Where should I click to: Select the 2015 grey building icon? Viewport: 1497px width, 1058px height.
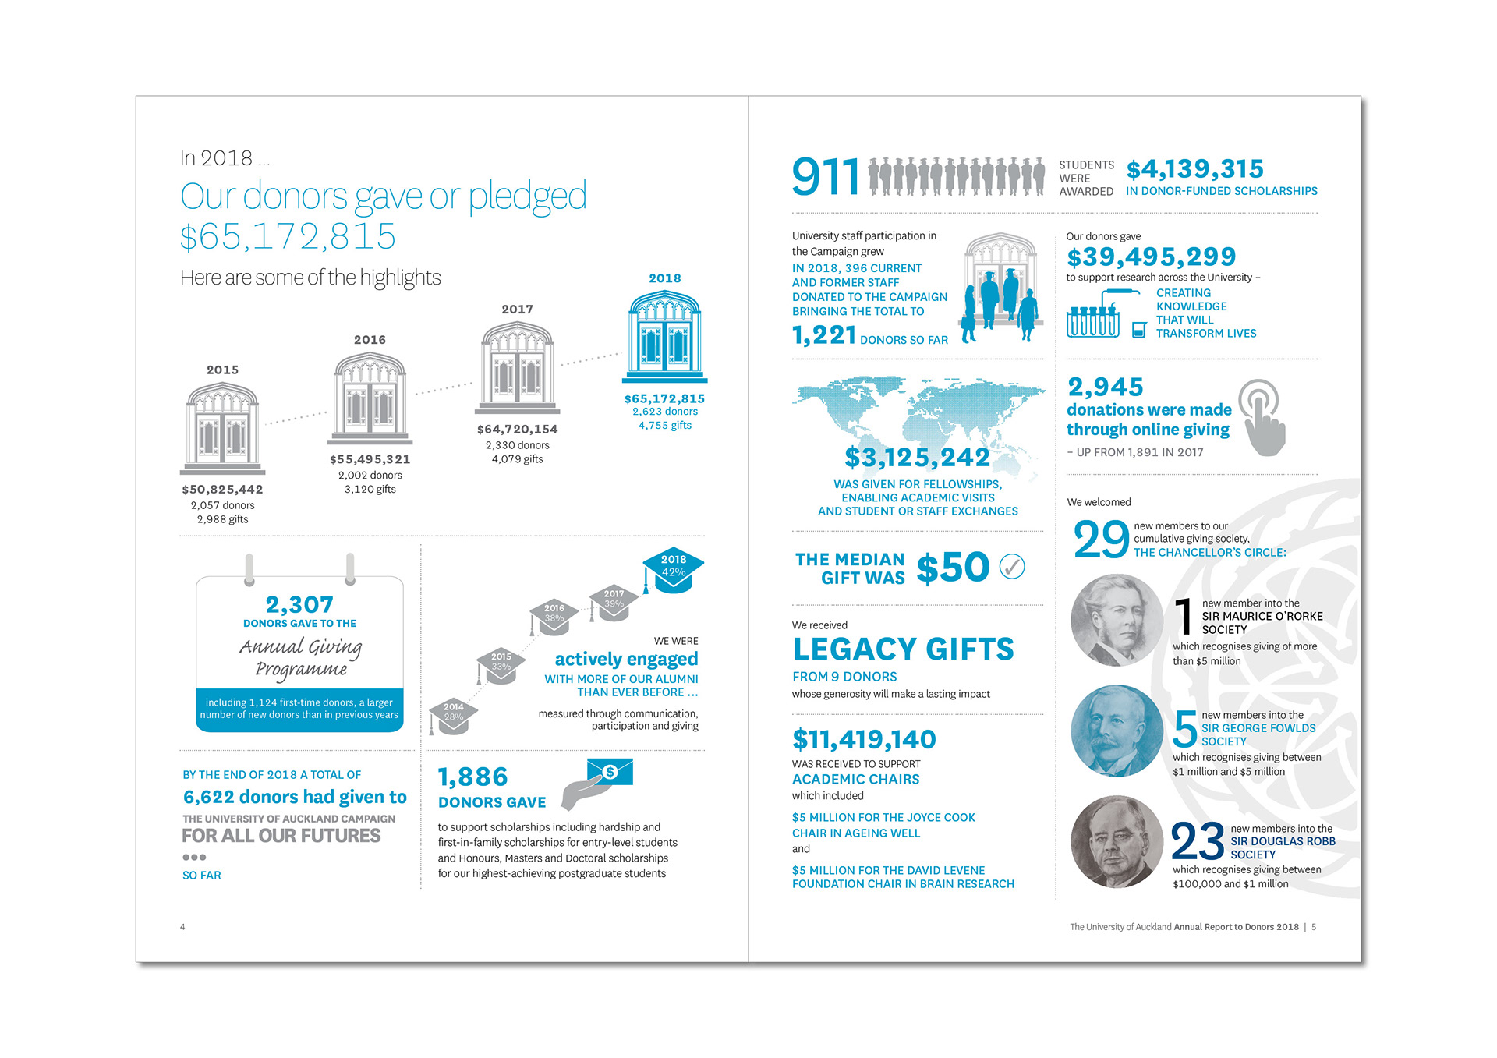point(222,427)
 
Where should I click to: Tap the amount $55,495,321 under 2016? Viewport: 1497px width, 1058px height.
point(370,460)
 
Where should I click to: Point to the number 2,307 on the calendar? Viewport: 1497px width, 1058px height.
point(299,604)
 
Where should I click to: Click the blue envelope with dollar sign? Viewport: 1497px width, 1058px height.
point(610,772)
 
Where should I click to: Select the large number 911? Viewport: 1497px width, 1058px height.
point(826,177)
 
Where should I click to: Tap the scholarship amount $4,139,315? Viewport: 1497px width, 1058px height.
point(1194,169)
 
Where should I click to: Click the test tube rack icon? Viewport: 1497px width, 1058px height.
point(1093,320)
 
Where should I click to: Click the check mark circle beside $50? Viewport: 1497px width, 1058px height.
point(1012,567)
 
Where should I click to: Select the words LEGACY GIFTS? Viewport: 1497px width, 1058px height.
point(903,649)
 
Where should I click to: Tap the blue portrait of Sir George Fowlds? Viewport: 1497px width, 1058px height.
point(1117,731)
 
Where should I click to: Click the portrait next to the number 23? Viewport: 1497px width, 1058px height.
point(1117,842)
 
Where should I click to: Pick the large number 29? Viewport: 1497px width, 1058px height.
point(1101,540)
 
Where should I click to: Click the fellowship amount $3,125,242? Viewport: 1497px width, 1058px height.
point(917,458)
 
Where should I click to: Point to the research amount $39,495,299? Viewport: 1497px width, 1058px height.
point(1151,257)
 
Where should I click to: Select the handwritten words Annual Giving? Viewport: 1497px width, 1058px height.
point(301,646)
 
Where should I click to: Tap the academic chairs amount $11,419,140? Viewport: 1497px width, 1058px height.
point(864,739)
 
